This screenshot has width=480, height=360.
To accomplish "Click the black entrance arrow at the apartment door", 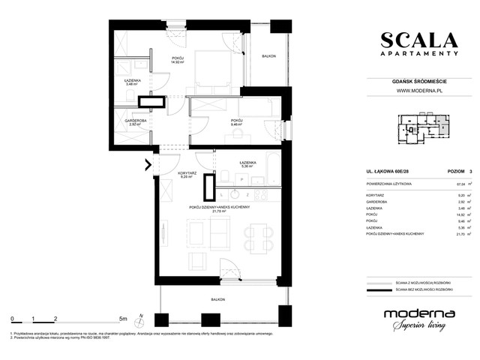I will [148, 165].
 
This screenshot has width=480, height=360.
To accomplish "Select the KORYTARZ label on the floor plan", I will [187, 173].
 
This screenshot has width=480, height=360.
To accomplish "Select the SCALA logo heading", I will [418, 40].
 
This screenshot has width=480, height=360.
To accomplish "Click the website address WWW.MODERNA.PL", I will [418, 91].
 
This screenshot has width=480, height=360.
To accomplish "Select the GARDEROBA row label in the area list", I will [376, 202].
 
